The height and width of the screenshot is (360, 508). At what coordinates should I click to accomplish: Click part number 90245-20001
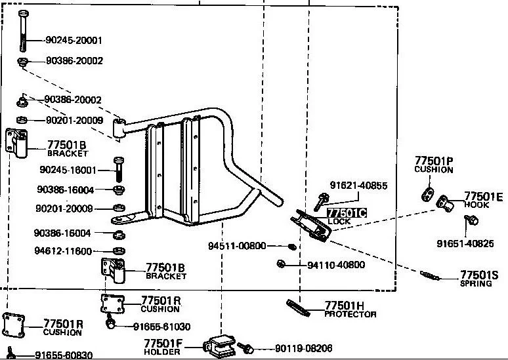(74, 40)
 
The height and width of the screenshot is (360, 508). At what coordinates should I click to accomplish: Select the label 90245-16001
(68, 170)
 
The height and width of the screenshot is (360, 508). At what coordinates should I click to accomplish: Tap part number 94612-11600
(64, 251)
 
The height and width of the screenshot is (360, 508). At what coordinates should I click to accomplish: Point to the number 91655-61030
(161, 327)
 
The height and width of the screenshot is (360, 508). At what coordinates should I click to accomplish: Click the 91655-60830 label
(64, 355)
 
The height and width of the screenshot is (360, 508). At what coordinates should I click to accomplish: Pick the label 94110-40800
(336, 265)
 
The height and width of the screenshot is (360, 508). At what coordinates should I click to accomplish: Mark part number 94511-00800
(237, 246)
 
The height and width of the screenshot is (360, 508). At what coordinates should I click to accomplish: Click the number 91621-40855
(358, 186)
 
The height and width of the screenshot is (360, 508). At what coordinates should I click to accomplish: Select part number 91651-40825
(465, 243)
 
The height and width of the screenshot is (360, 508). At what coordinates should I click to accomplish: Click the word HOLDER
(161, 352)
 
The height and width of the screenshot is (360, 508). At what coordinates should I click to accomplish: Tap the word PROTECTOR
(350, 314)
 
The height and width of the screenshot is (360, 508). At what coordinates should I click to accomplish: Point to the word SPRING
(476, 283)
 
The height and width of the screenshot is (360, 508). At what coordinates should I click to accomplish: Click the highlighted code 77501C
(347, 213)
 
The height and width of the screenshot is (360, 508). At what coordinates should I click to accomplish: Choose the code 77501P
(433, 161)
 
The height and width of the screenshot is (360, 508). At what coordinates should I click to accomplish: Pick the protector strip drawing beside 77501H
(298, 308)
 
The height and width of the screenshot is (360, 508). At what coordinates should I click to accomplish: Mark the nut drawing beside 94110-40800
(281, 264)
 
